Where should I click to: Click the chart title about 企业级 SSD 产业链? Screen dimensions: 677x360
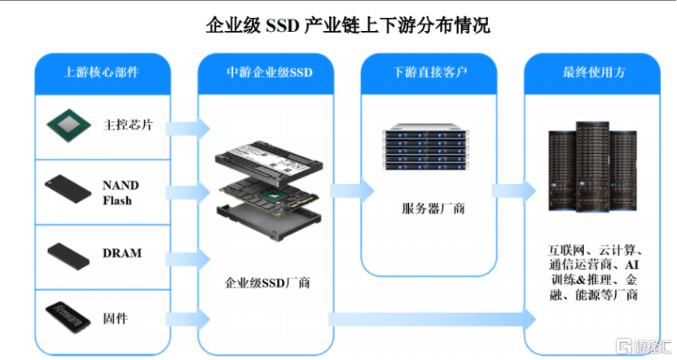coord(348,25)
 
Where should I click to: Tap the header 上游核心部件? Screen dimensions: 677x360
coord(102,72)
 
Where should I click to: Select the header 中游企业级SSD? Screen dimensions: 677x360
coord(270,72)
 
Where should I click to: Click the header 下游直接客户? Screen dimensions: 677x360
coord(430,72)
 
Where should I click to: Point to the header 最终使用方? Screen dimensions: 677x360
coord(594,72)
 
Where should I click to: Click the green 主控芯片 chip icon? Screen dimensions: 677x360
coord(69,125)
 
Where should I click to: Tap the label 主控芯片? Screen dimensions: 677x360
coord(128,125)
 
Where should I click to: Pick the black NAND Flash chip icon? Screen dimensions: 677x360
coord(68,189)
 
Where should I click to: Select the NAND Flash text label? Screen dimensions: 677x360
coord(121,192)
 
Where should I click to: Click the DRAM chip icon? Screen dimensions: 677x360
coord(68,256)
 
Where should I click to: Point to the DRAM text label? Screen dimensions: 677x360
coord(121,253)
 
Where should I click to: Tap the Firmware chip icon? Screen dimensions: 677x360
coord(68,318)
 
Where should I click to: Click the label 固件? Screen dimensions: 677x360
coord(116,318)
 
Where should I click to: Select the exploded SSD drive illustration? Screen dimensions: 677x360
coord(269,190)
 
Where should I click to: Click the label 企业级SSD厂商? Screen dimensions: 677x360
coord(267,283)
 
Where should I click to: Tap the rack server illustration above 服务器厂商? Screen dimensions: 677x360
coord(425,147)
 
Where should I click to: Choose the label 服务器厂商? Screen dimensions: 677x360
coord(433,209)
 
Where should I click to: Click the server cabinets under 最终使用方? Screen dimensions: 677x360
coord(592,167)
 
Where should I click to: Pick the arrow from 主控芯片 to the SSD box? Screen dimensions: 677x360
coord(188,128)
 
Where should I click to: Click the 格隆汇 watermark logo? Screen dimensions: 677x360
coord(644,346)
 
